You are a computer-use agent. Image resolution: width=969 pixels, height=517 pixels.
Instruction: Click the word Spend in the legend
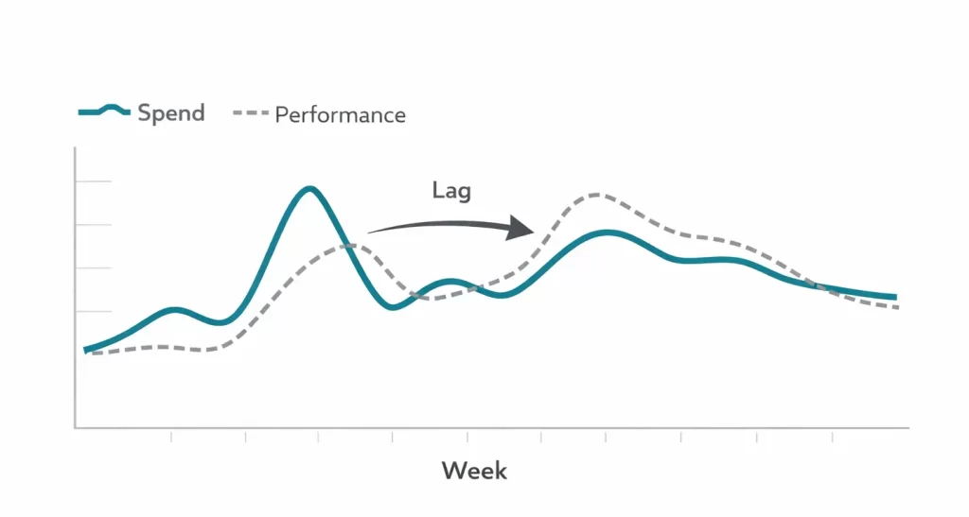[170, 113]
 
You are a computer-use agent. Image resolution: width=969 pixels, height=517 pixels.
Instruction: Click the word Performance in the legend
[340, 115]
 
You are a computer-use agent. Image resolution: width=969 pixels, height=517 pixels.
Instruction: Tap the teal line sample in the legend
[104, 112]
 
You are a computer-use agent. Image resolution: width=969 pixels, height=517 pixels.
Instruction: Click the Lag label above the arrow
[451, 190]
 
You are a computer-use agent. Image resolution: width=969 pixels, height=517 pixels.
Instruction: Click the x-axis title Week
[474, 470]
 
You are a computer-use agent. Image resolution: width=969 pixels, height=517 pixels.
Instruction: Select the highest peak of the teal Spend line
[309, 189]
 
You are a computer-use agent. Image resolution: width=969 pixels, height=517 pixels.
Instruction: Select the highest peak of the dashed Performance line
[595, 195]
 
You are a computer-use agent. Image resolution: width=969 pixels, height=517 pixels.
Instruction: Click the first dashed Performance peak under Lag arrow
[348, 246]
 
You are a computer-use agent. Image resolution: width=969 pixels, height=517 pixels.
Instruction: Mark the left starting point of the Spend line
[86, 351]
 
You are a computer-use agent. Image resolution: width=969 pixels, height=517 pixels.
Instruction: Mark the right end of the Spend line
[894, 298]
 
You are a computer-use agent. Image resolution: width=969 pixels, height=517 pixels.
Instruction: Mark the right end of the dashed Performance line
[897, 307]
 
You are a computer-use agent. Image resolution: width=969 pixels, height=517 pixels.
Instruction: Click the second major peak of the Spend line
[607, 233]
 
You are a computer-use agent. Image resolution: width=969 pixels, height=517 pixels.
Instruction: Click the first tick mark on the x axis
[171, 435]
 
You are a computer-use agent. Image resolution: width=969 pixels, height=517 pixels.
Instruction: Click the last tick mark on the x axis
[833, 435]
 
